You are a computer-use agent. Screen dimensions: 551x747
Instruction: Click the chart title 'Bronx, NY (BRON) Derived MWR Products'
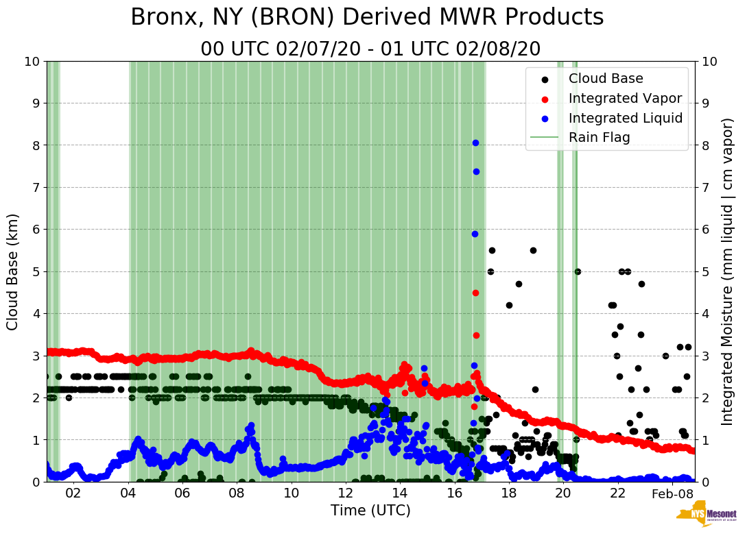pos(367,17)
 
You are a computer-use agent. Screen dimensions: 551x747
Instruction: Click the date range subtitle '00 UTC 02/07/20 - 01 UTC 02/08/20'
pos(370,49)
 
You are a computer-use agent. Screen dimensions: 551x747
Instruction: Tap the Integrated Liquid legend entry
pos(625,118)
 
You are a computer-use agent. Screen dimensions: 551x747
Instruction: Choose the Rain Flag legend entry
pos(599,137)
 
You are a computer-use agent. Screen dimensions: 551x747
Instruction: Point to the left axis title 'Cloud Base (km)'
pos(13,271)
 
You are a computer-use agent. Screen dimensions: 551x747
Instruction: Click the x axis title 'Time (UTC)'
pos(370,511)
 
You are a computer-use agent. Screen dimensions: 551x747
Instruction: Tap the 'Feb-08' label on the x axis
pos(669,494)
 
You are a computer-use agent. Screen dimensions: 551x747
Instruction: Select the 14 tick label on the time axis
pos(399,494)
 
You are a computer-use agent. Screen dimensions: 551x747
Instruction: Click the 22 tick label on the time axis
pos(617,494)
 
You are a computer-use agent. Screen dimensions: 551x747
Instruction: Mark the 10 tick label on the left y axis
pos(31,62)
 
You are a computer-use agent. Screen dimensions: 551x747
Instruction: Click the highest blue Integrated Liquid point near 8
pos(475,143)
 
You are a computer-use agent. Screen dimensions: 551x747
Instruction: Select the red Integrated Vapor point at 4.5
pos(475,293)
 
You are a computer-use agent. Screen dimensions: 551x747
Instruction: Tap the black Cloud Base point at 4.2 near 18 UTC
pos(509,305)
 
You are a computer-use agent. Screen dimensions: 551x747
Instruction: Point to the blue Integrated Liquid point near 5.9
pos(475,234)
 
